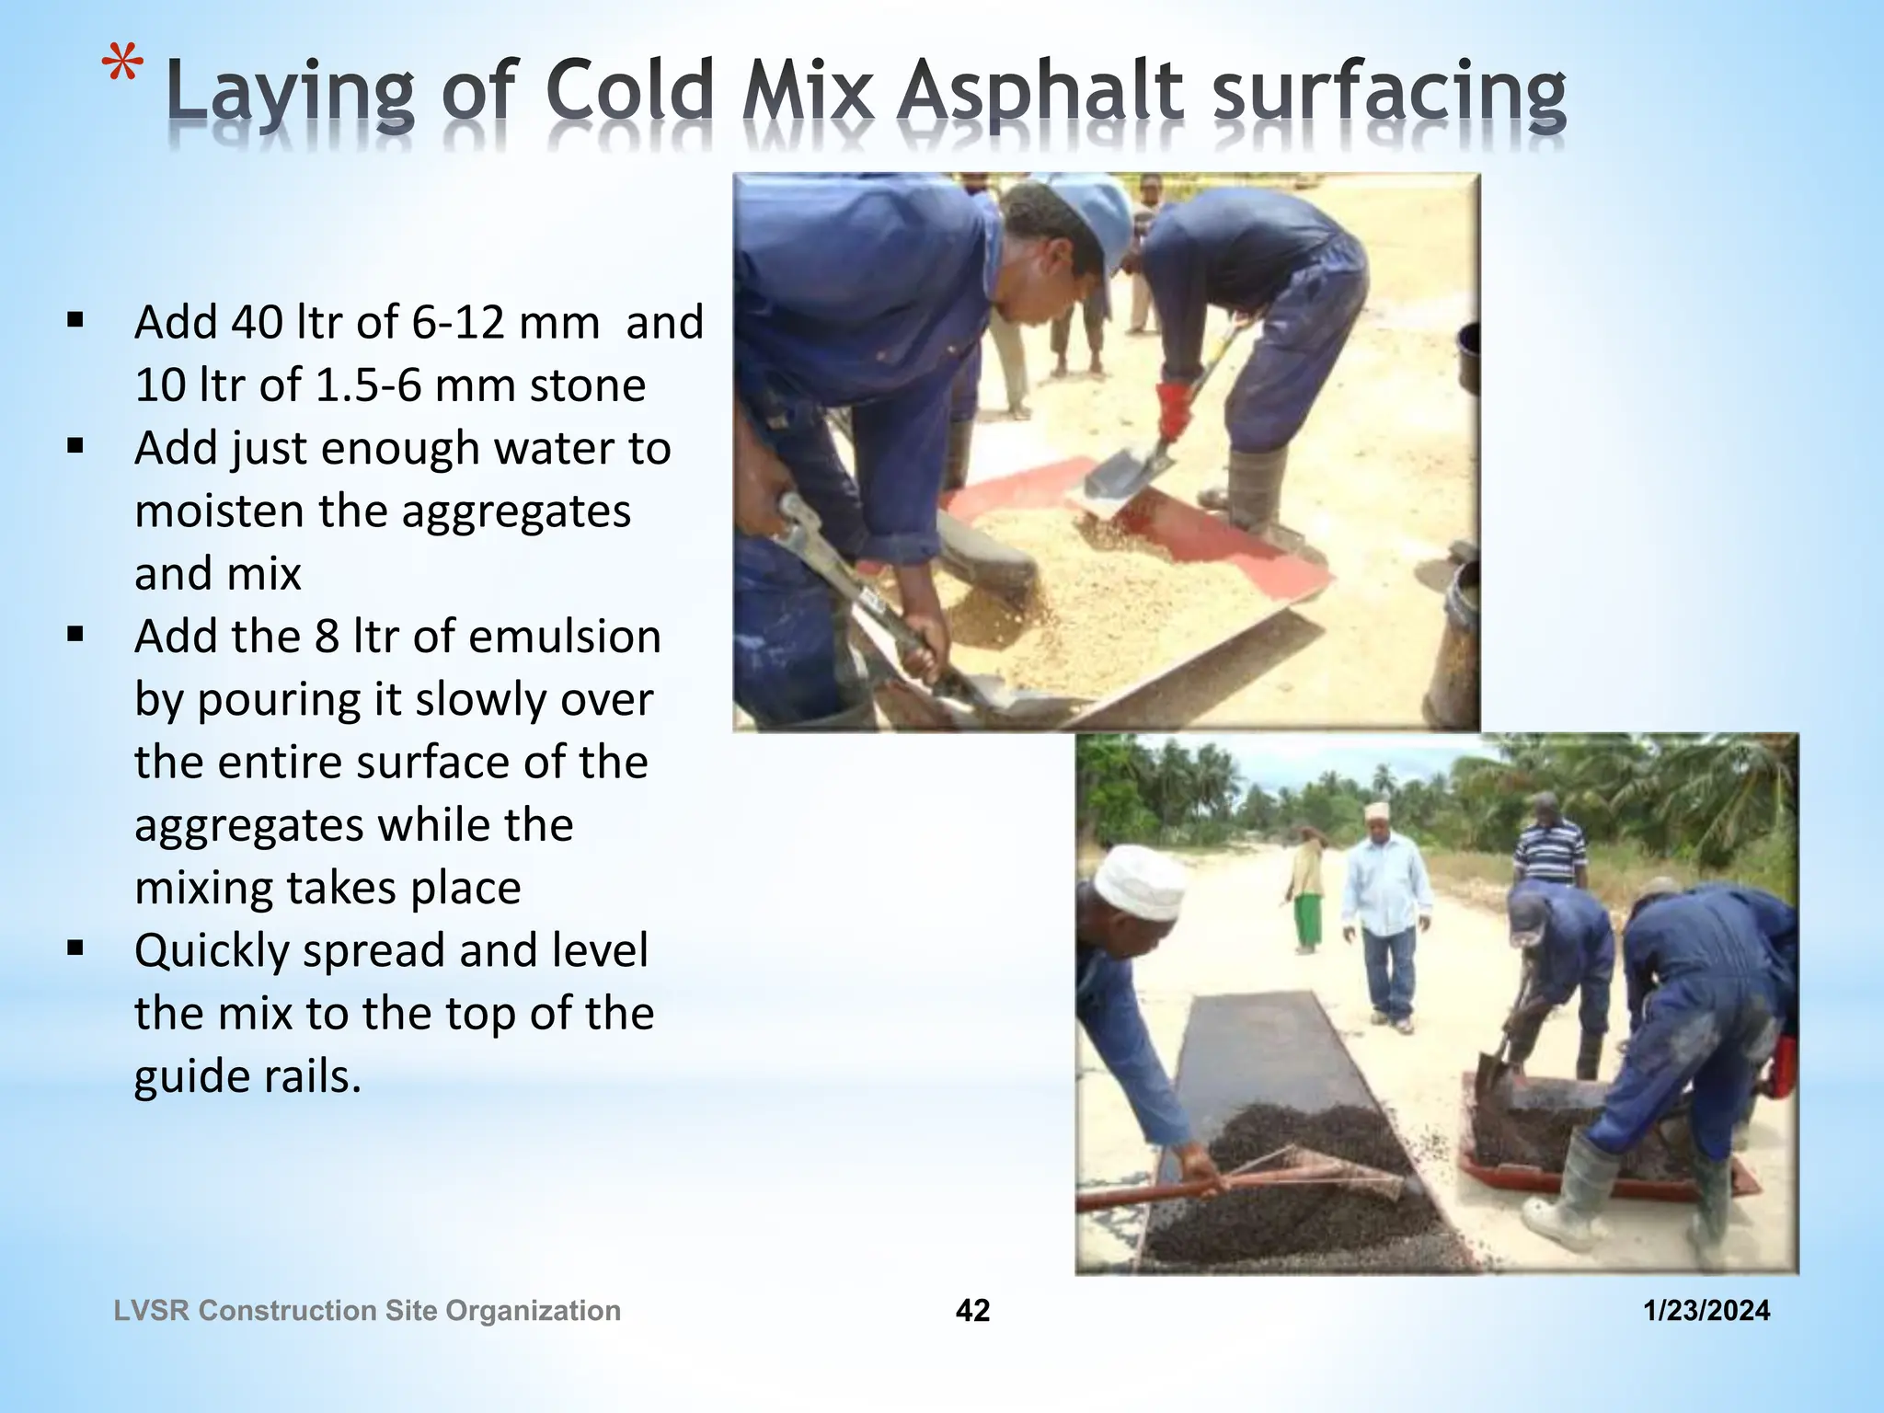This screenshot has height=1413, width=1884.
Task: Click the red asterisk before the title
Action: [x=122, y=73]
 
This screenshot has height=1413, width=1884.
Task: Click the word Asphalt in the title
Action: [x=1039, y=95]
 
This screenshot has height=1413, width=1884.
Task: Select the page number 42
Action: [x=972, y=1310]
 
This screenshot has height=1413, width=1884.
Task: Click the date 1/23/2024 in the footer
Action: [x=1706, y=1310]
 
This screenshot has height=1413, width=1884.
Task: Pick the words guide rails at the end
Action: [x=247, y=1076]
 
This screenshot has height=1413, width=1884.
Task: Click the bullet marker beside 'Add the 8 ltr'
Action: [x=75, y=634]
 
